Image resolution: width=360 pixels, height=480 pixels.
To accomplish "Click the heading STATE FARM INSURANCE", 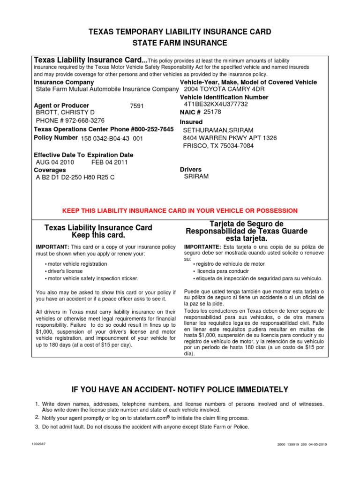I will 180,43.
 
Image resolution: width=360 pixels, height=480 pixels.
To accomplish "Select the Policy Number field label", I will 56,138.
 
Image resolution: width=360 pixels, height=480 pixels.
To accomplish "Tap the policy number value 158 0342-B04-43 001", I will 112,139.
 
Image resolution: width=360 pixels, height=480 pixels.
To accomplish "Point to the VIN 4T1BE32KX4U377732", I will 216,105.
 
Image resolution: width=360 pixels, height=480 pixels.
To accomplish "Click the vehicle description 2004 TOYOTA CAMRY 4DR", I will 224,89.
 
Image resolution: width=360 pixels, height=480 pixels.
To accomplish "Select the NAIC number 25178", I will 212,112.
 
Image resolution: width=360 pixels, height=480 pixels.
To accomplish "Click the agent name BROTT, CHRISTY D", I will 65,112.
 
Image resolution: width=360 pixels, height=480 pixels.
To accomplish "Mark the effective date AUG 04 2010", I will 55,162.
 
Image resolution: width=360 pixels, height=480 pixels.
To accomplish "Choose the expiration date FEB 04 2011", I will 109,162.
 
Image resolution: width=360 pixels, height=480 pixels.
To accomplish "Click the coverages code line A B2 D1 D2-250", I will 75,177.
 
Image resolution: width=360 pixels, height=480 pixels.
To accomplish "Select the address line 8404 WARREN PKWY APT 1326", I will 230,138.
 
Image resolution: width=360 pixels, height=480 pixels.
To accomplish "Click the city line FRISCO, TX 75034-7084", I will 218,146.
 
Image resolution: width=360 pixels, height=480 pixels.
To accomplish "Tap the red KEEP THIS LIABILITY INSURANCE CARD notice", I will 180,210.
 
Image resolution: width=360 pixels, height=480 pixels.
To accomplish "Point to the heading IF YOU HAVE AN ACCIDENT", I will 180,390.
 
